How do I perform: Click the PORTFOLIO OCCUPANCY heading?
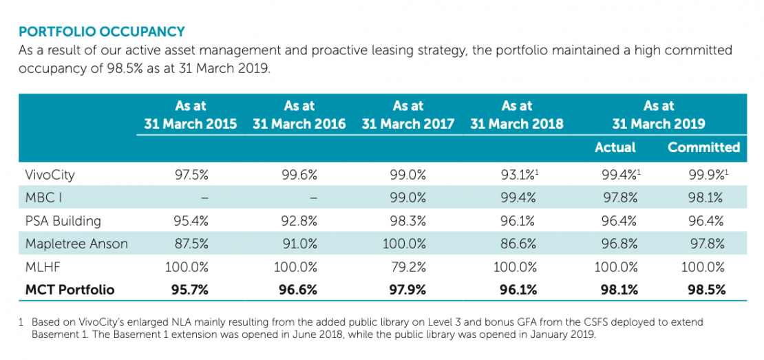pos(102,32)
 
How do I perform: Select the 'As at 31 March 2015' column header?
pos(191,115)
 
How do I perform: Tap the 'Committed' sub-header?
pos(703,147)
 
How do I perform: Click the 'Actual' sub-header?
pos(615,147)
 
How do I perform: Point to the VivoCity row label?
pos(50,175)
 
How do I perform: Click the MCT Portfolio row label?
pos(70,290)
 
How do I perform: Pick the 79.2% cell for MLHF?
pos(408,266)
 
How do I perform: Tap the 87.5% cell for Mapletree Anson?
pos(191,244)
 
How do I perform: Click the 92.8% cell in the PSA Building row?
pos(299,221)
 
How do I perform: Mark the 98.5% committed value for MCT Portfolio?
pos(705,290)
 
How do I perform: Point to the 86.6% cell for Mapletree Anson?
pos(518,244)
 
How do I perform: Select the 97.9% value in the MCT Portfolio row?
pos(408,290)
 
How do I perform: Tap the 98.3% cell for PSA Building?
pos(408,221)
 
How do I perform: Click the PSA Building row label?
pos(63,221)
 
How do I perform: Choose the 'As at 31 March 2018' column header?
pos(518,115)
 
